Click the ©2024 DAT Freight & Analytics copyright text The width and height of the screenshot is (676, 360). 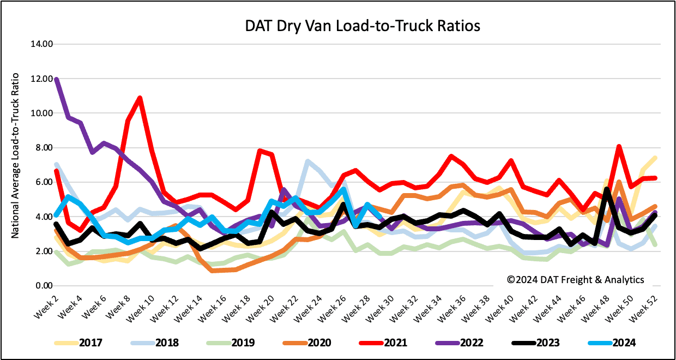(575, 280)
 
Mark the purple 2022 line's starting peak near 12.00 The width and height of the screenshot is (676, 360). (57, 80)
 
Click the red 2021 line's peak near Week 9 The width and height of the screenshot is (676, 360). (140, 98)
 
